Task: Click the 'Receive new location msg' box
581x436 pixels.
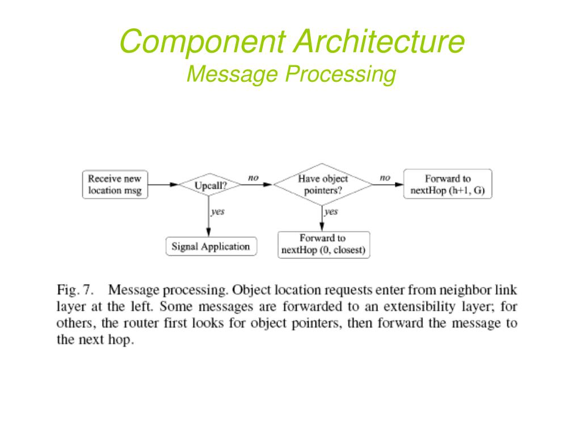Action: click(x=115, y=185)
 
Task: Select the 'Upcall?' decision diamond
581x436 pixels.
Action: click(x=210, y=185)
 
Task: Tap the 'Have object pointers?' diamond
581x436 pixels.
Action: click(x=322, y=185)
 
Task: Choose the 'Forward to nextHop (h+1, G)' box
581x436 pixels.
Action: click(x=448, y=185)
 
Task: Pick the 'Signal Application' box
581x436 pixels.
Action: click(x=211, y=246)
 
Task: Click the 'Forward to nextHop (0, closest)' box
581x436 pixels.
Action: click(x=323, y=245)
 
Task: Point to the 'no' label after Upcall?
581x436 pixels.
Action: click(x=253, y=178)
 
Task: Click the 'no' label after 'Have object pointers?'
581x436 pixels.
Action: click(x=385, y=178)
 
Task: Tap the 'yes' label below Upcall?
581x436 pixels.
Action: click(x=218, y=212)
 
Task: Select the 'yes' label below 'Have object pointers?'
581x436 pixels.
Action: click(x=331, y=212)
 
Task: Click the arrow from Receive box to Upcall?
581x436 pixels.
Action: click(x=163, y=185)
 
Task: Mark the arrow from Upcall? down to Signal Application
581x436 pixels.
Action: click(x=209, y=216)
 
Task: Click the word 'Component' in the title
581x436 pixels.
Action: click(x=203, y=41)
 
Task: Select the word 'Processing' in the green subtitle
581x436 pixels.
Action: click(x=341, y=74)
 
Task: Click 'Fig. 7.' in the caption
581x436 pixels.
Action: click(x=75, y=290)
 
